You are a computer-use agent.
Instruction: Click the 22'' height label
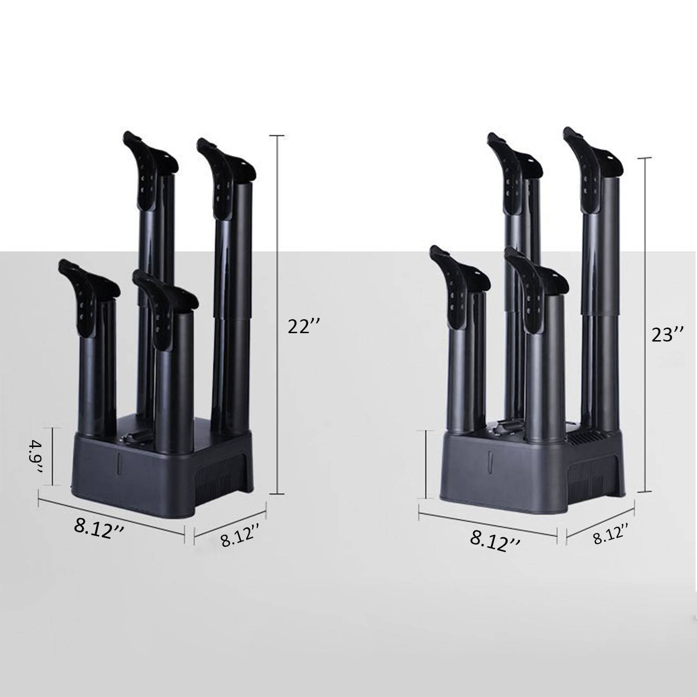304,326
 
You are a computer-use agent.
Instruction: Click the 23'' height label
667,334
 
